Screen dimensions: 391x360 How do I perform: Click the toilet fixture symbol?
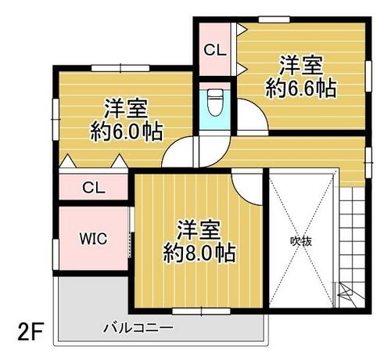point(215,103)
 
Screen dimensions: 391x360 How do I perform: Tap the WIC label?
point(93,239)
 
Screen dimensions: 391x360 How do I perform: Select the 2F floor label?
point(30,331)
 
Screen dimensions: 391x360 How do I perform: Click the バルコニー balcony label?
point(138,328)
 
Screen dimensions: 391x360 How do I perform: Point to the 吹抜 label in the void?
point(301,242)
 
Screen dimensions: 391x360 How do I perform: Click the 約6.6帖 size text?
point(301,88)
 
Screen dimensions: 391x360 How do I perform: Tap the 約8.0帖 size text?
point(199,253)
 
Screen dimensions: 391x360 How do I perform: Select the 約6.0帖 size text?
point(127,131)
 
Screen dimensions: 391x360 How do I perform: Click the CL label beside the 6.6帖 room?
point(215,50)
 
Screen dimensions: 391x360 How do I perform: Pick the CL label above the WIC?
point(94,187)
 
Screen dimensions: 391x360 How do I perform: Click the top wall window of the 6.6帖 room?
point(274,20)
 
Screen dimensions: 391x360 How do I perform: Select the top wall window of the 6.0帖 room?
point(120,68)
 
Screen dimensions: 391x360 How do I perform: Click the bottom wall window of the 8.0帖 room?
point(201,311)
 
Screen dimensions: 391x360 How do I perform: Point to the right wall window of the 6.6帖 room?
point(368,76)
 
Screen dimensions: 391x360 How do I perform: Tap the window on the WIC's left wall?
point(56,254)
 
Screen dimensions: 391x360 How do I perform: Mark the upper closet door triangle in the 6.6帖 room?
point(242,29)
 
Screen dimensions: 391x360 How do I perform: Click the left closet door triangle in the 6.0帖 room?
point(68,161)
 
